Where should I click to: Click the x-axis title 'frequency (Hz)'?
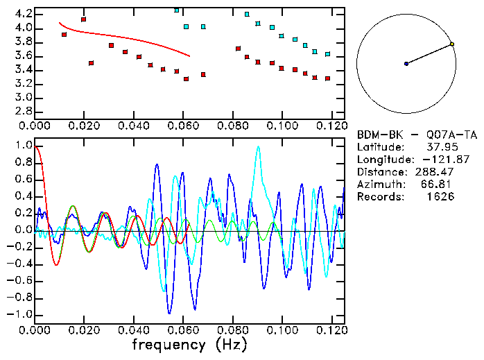[x=189, y=345]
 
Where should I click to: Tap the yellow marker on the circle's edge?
[x=452, y=44]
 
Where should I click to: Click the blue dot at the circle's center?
[x=406, y=63]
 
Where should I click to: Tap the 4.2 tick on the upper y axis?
[x=24, y=14]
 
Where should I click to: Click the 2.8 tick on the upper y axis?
[x=24, y=111]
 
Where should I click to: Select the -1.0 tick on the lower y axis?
[x=21, y=314]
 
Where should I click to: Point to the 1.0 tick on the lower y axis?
[x=24, y=146]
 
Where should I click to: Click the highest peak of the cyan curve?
[x=258, y=146]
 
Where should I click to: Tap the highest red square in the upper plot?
[x=83, y=19]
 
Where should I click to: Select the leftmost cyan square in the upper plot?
[x=177, y=10]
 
